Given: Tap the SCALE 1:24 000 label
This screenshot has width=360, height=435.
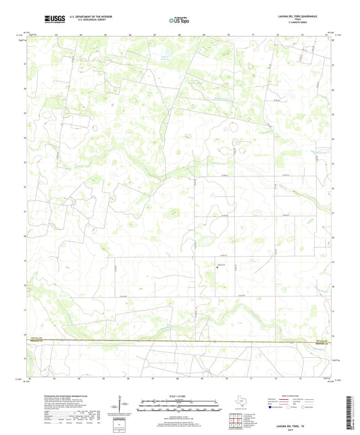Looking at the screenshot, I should tap(180, 395).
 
